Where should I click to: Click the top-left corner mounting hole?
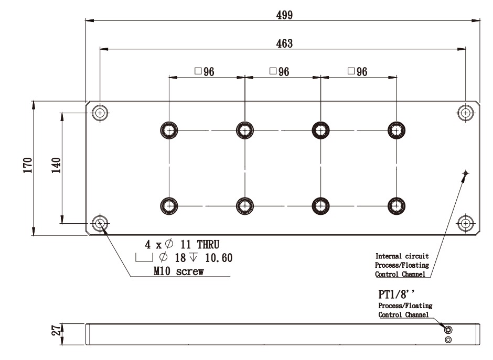coord(100,112)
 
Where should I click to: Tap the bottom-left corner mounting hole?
coord(100,224)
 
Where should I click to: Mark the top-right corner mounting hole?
coord(465,112)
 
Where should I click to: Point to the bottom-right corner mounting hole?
coord(465,224)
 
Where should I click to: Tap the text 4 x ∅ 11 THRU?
coord(181,244)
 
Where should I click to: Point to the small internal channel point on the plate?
coord(465,173)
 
